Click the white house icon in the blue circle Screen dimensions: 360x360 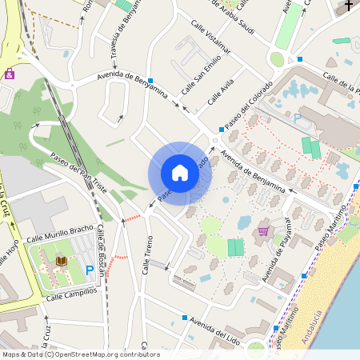(180, 173)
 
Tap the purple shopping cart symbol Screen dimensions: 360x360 (263, 231)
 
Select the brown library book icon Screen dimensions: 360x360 (62, 262)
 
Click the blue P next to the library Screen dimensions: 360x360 (89, 270)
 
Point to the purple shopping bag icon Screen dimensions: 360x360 (10, 74)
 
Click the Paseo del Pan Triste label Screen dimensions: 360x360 (78, 169)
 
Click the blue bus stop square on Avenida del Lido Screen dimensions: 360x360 (185, 318)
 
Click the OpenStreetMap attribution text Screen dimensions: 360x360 (80, 354)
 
